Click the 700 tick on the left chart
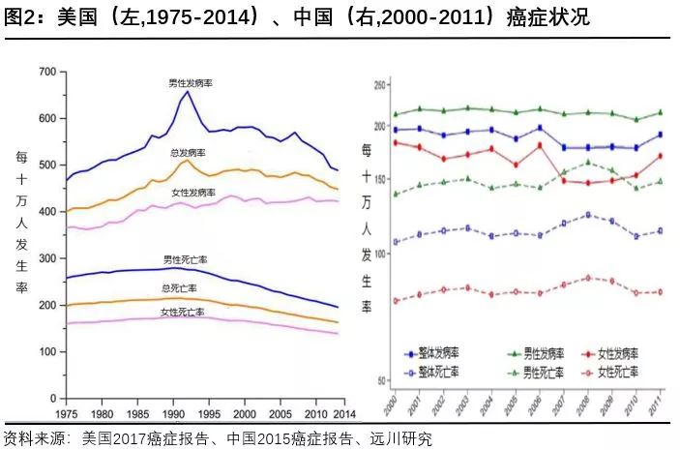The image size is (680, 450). pos(45,72)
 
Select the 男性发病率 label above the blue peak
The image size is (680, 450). pos(190,84)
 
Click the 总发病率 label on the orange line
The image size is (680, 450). pos(187,153)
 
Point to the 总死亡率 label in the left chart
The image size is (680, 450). pos(179,288)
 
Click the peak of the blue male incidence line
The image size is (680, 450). pos(188,93)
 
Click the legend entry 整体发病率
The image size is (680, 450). pos(431,354)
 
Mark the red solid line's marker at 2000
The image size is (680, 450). pos(395,142)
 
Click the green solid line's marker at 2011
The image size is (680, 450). pos(660,112)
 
